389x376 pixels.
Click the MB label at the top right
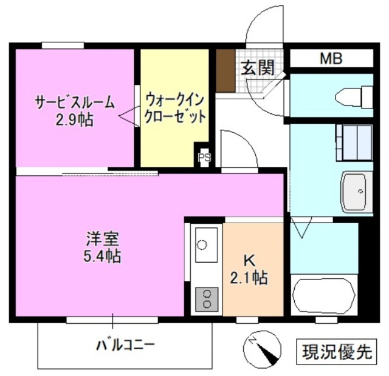(331, 59)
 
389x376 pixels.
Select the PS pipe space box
(204, 157)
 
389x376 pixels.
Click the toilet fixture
(353, 96)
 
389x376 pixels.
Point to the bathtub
(323, 295)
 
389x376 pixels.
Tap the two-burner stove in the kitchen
(207, 297)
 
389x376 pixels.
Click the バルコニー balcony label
(126, 346)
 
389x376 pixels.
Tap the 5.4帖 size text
(102, 255)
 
